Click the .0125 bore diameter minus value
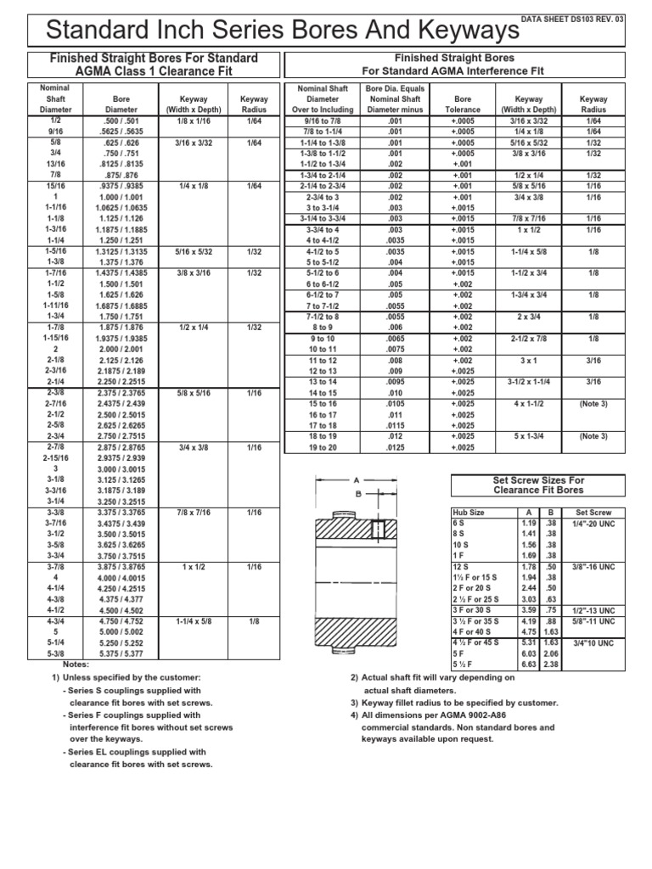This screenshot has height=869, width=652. pyautogui.click(x=385, y=447)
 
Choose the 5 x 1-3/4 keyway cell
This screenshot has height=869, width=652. pyautogui.click(x=529, y=435)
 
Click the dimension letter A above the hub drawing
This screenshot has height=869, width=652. pyautogui.click(x=357, y=479)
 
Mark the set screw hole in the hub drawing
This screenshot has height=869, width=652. pyautogui.click(x=379, y=529)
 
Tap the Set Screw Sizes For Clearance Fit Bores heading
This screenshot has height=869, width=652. pyautogui.click(x=539, y=485)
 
